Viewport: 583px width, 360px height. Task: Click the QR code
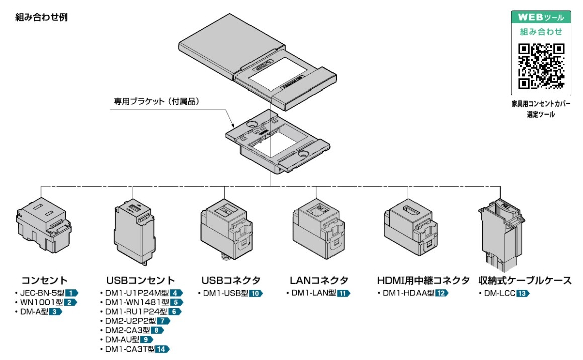(541, 66)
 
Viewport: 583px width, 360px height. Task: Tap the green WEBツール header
(541, 17)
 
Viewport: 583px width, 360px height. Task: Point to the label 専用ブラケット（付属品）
(157, 101)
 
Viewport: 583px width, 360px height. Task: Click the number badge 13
(523, 293)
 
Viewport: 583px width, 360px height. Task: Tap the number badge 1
(72, 293)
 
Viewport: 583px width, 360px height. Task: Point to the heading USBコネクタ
(231, 280)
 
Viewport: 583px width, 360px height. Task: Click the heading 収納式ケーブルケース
(525, 280)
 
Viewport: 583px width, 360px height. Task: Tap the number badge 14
(162, 349)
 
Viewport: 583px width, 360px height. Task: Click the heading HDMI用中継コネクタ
(423, 280)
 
